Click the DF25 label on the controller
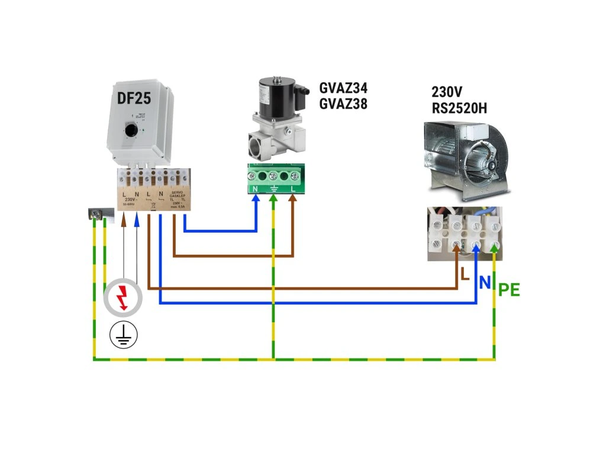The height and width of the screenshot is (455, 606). pyautogui.click(x=134, y=99)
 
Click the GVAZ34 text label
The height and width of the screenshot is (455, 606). pyautogui.click(x=343, y=88)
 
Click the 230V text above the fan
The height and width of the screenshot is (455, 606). pyautogui.click(x=447, y=92)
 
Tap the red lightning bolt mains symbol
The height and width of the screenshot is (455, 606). pyautogui.click(x=123, y=297)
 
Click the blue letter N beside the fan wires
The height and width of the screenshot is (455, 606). pyautogui.click(x=485, y=283)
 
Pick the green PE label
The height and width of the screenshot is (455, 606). pyautogui.click(x=509, y=290)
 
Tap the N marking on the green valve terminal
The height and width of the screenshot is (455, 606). pyautogui.click(x=255, y=188)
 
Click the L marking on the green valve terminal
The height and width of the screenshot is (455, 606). pyautogui.click(x=293, y=188)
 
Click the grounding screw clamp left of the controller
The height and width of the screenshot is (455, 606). pyautogui.click(x=96, y=213)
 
